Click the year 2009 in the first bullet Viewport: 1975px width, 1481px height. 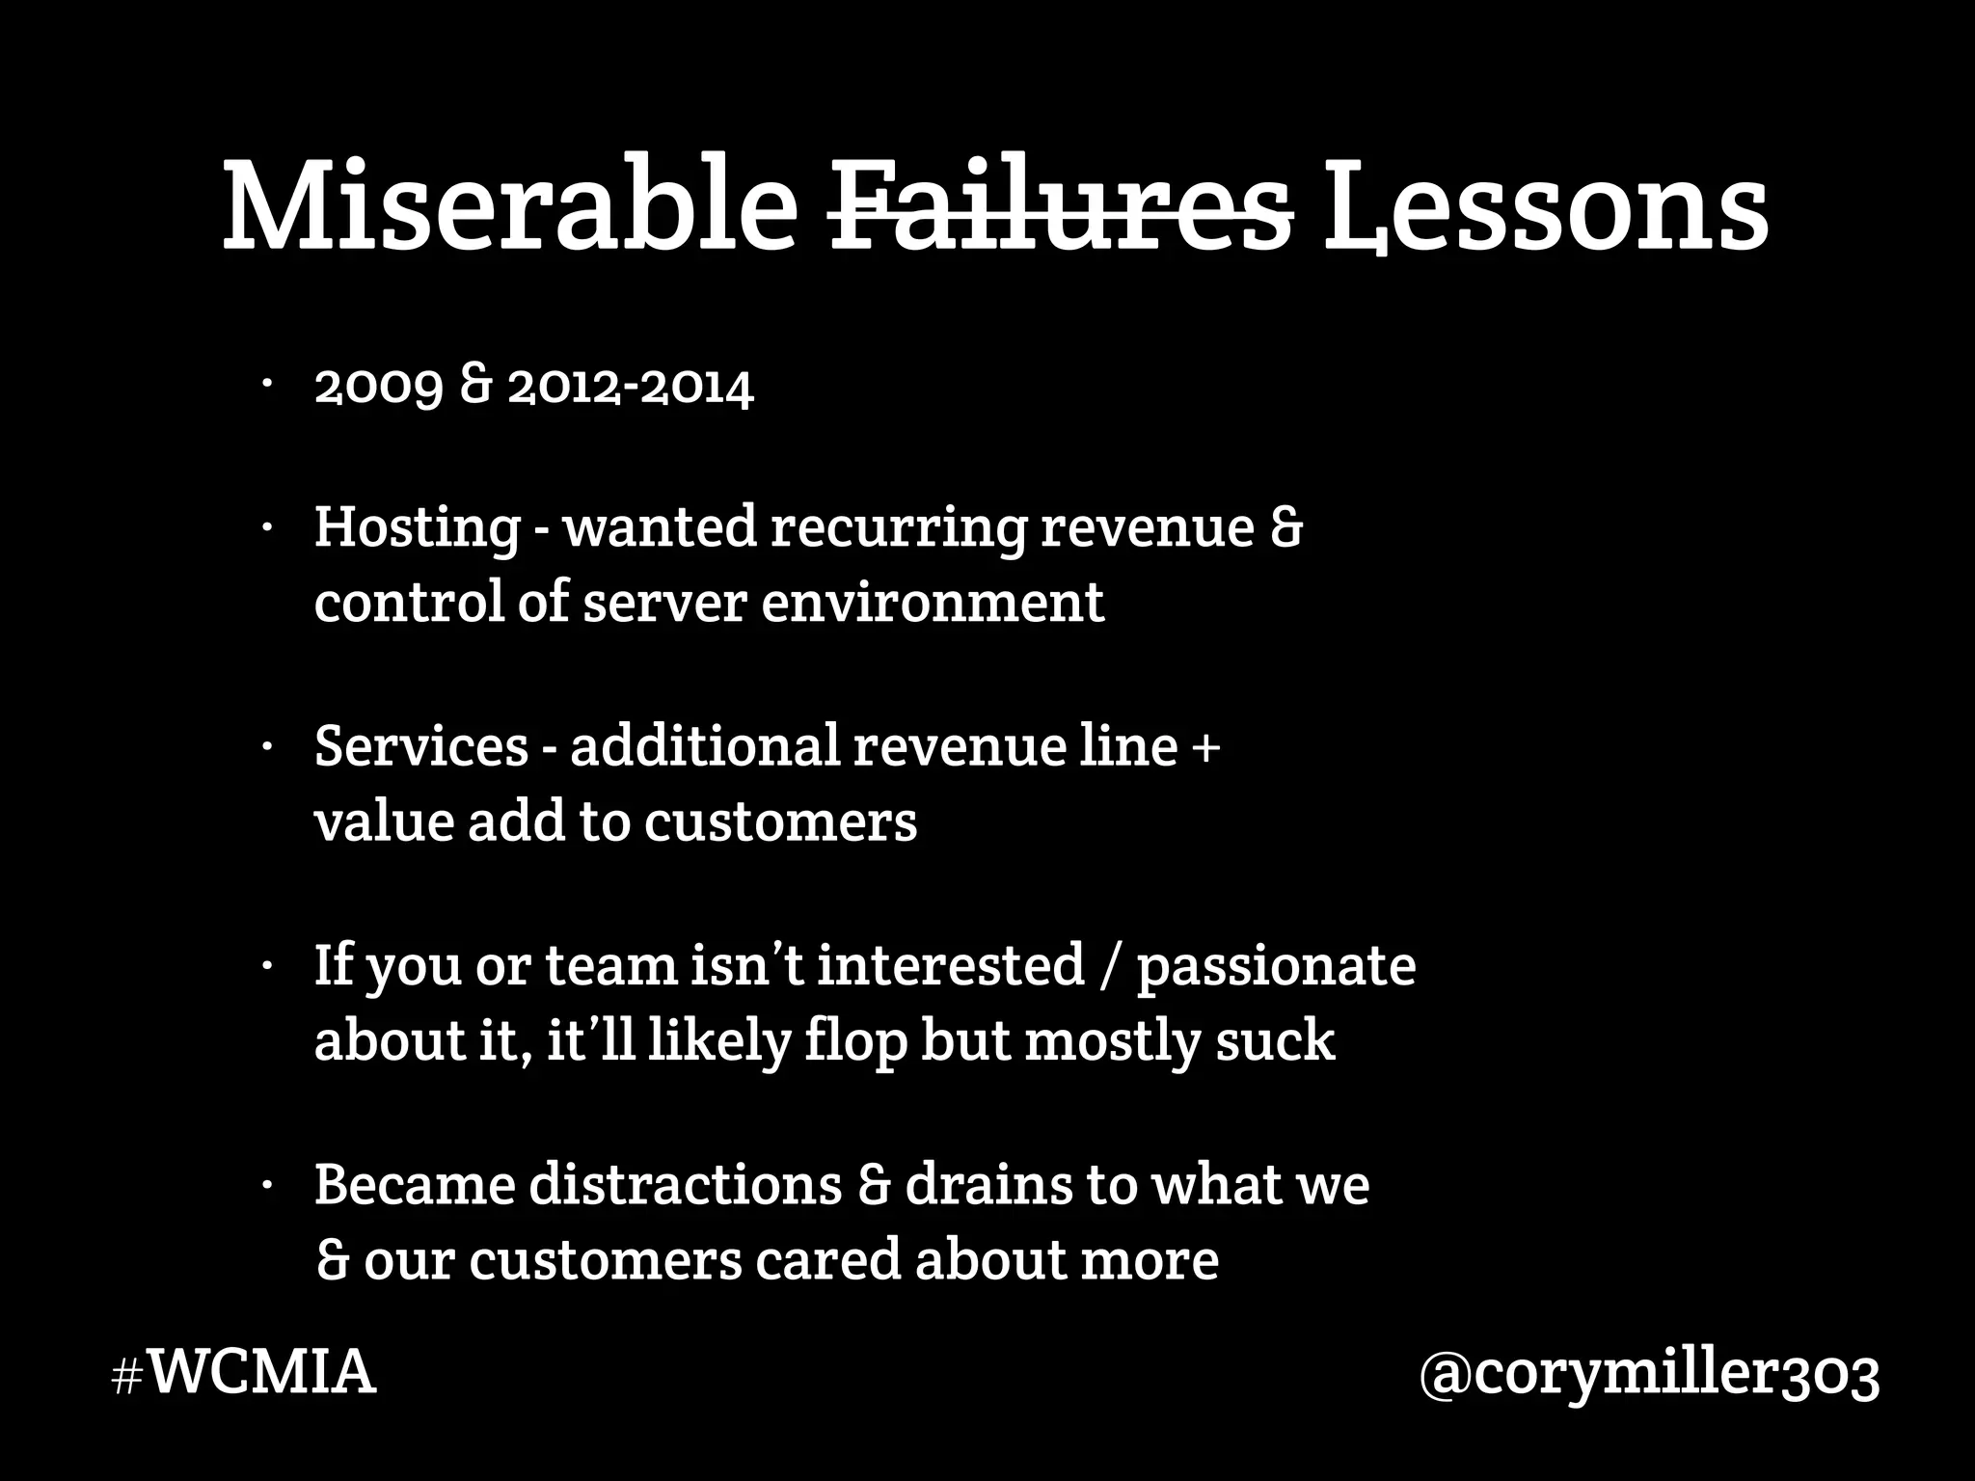378,388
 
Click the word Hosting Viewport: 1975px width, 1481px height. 417,528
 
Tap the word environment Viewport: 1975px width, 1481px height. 933,603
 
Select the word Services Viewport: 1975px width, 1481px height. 421,746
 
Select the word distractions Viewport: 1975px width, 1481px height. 686,1184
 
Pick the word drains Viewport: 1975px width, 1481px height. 987,1184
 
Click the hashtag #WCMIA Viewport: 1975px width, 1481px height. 243,1373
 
